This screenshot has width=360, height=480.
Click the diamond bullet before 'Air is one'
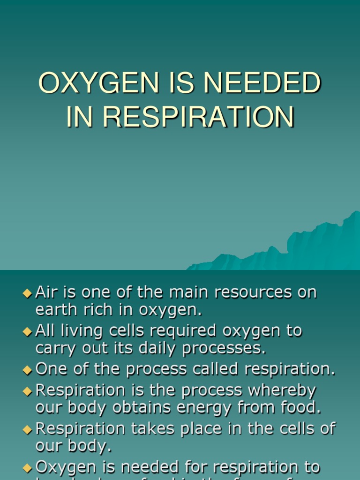[x=27, y=293]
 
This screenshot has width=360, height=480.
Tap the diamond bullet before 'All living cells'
[x=27, y=331]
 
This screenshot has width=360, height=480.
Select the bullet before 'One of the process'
[x=27, y=370]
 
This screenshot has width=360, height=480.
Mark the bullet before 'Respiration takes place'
[x=27, y=428]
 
